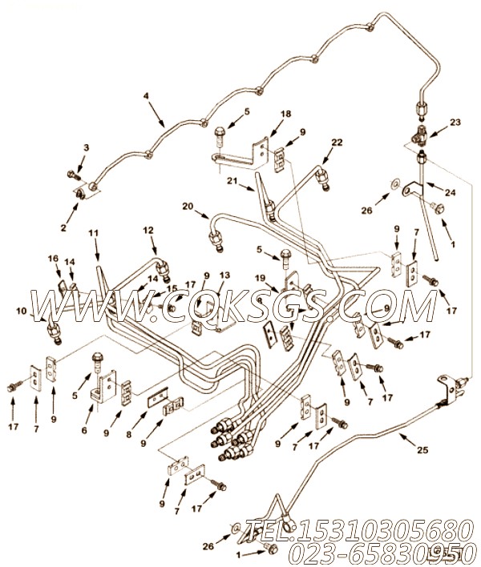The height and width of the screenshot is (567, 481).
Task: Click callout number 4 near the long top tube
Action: (x=146, y=96)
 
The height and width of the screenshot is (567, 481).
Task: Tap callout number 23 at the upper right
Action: (x=455, y=123)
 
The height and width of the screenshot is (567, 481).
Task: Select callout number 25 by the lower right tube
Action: (x=422, y=450)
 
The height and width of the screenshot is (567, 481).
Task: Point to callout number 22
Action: (x=337, y=143)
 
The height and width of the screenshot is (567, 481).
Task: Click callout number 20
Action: (x=188, y=206)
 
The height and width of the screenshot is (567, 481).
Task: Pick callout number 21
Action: (x=232, y=180)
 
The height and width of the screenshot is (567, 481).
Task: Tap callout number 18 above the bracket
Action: (x=285, y=114)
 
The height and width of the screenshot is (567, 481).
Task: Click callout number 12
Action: (x=148, y=230)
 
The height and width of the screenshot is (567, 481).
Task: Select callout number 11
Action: (x=93, y=233)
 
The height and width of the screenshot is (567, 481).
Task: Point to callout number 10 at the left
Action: (x=22, y=311)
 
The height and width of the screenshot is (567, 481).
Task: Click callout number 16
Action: (x=53, y=258)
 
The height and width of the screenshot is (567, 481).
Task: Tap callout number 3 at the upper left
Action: (x=86, y=147)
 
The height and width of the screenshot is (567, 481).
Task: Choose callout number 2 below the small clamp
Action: (x=63, y=227)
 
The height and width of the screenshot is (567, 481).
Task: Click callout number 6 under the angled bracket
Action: (x=84, y=430)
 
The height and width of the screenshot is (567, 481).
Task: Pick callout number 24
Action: (x=450, y=193)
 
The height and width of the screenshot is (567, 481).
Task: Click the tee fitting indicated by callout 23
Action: (x=420, y=139)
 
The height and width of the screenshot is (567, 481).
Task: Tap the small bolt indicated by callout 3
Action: (x=72, y=175)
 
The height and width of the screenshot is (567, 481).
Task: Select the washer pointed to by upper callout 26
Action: (x=394, y=184)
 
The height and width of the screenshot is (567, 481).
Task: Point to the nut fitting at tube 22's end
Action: (x=322, y=179)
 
